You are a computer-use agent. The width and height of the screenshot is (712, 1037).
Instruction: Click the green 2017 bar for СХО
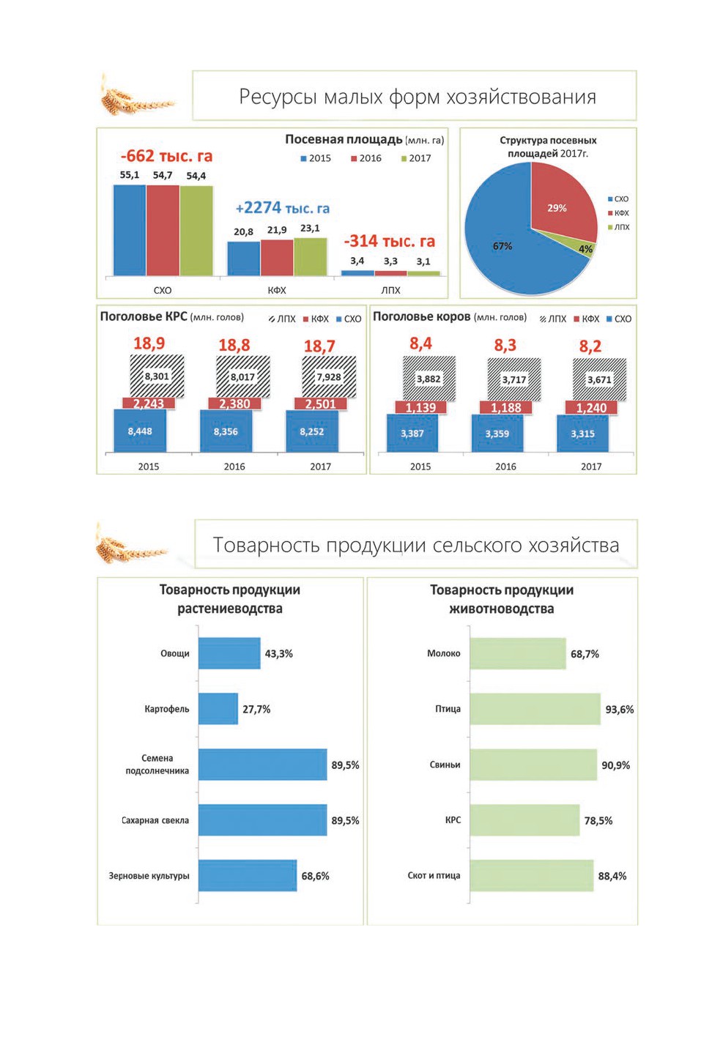point(196,231)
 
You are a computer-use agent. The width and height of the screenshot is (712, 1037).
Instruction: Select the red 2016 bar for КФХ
point(277,258)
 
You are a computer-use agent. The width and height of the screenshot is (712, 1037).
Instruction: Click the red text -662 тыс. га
point(167,156)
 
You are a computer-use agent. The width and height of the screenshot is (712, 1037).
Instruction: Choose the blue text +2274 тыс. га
point(283,208)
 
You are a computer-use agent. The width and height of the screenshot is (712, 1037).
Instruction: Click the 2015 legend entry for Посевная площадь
point(316,158)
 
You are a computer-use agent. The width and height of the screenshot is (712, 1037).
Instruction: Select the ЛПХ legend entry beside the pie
point(618,227)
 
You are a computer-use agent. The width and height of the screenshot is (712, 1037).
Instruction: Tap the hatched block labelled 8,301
point(157,376)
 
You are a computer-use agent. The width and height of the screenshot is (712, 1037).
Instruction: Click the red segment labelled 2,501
point(320,404)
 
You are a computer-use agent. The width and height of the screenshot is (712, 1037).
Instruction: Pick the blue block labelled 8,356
point(226,431)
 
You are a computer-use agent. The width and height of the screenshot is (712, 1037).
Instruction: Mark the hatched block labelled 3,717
point(514,379)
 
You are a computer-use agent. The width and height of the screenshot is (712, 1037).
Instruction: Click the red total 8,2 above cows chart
point(590,346)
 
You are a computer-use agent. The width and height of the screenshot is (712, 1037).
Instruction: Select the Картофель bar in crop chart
point(218,708)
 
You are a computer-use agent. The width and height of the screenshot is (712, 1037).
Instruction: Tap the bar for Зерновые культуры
point(248,875)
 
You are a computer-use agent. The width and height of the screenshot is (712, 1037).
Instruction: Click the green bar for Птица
point(535,708)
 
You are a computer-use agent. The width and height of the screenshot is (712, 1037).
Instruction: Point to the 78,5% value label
point(598,820)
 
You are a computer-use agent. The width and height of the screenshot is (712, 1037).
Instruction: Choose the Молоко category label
point(443,653)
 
